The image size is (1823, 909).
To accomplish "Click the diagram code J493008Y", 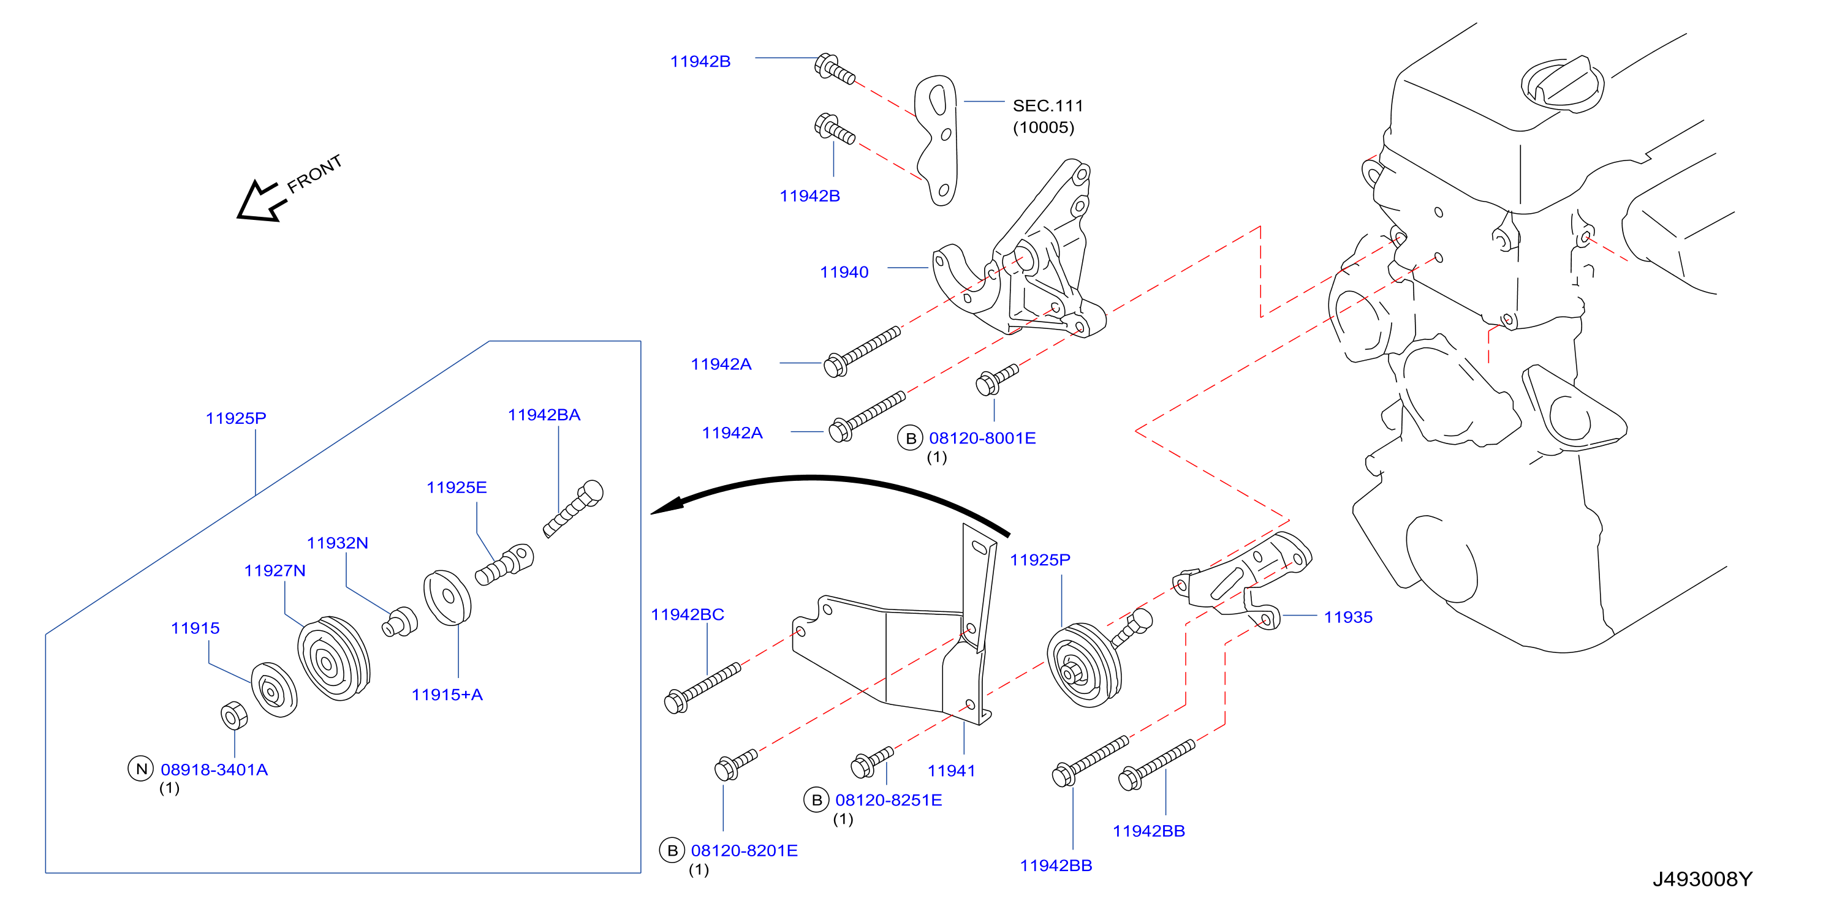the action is [x=1702, y=879].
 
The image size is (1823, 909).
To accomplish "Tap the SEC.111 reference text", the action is [x=1047, y=106].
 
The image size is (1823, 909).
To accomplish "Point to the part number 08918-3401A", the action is [x=214, y=769].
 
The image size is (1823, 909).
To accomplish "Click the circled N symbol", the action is [x=141, y=769].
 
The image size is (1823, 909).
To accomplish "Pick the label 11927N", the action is [x=275, y=571].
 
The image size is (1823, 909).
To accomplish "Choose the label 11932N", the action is [x=338, y=543].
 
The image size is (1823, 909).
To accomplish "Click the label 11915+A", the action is [x=447, y=695].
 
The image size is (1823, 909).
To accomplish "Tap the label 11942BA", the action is [x=544, y=415].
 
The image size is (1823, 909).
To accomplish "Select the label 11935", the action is [x=1348, y=617].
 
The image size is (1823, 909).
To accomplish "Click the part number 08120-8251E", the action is [x=889, y=800].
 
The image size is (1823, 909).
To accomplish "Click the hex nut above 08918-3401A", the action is [x=233, y=716].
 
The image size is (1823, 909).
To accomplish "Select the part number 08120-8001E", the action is [x=982, y=439].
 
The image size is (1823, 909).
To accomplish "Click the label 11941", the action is [x=951, y=771].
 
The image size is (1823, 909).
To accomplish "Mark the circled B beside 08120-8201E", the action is [x=672, y=850].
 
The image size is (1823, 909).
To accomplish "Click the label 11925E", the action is [x=457, y=488].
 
